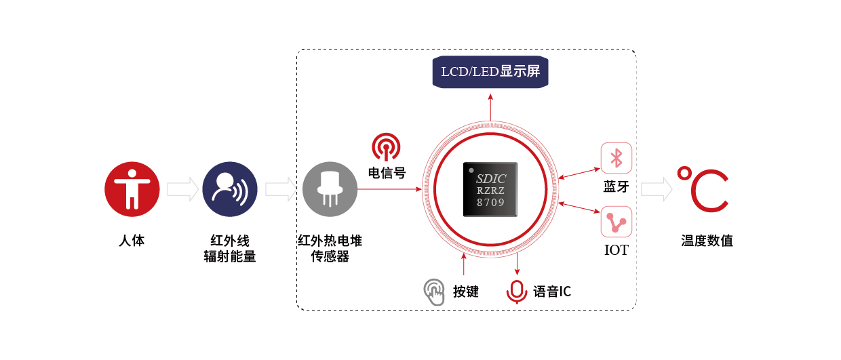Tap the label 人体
pyautogui.click(x=132, y=241)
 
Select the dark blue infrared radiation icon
pyautogui.click(x=230, y=188)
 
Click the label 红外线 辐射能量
pyautogui.click(x=230, y=249)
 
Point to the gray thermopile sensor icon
pyautogui.click(x=330, y=188)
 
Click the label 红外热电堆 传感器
pyautogui.click(x=330, y=249)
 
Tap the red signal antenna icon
pyautogui.click(x=386, y=147)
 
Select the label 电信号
pyautogui.click(x=387, y=173)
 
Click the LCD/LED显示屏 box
pyautogui.click(x=490, y=72)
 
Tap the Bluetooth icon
pyautogui.click(x=617, y=159)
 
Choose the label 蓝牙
pyautogui.click(x=617, y=186)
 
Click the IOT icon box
pyautogui.click(x=617, y=221)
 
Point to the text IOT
pyautogui.click(x=617, y=250)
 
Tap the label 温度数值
pyautogui.click(x=707, y=241)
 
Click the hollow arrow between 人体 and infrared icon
pyautogui.click(x=181, y=189)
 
